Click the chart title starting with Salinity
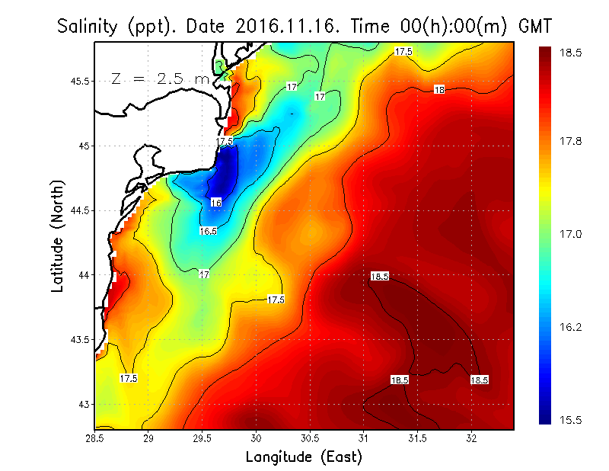pyautogui.click(x=304, y=26)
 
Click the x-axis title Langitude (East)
pyautogui.click(x=304, y=457)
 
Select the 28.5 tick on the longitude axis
pyautogui.click(x=95, y=438)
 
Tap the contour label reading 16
pyautogui.click(x=216, y=203)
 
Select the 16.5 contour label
pyautogui.click(x=208, y=231)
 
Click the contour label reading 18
pyautogui.click(x=439, y=90)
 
